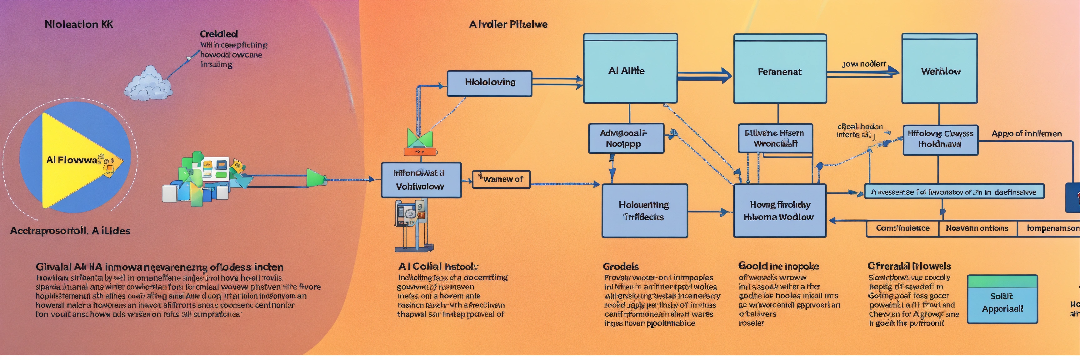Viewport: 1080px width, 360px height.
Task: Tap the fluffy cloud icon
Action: click(149, 84)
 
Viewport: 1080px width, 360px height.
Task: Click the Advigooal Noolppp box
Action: click(626, 138)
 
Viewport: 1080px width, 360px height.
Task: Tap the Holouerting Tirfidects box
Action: click(644, 211)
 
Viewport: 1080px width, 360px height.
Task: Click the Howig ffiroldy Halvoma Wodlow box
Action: click(779, 211)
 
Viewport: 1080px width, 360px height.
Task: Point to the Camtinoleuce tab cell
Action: click(902, 228)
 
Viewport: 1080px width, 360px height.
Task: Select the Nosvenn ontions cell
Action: click(977, 228)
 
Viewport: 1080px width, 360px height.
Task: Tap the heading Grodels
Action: click(621, 267)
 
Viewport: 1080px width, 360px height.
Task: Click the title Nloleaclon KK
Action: click(79, 24)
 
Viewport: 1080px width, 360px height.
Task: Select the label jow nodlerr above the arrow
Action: click(864, 64)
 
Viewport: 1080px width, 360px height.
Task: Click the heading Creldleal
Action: click(218, 34)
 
